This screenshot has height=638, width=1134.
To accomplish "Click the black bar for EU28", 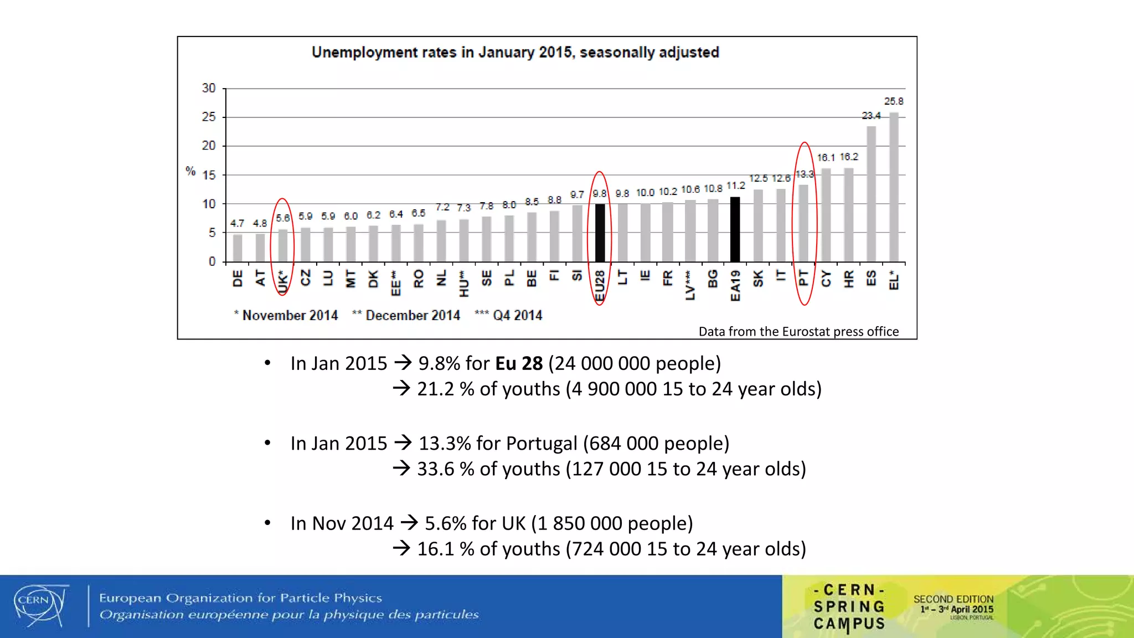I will pos(600,233).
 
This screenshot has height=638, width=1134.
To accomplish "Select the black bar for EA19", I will pos(735,229).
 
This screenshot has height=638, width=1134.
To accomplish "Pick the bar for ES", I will pos(871,194).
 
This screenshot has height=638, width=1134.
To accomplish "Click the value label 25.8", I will pos(893,101).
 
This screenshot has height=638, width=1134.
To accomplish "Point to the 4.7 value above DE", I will pos(237,223).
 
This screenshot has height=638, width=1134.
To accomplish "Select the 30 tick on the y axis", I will pos(209,88).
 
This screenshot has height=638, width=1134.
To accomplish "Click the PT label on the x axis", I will pos(804,278).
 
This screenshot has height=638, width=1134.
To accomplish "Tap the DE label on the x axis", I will pos(238,279).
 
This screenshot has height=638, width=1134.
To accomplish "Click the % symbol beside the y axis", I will pos(190,171).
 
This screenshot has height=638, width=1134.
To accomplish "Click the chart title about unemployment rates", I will pos(515,53).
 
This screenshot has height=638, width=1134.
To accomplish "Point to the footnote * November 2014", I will pos(286,315).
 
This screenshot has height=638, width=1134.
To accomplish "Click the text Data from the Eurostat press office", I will pos(798,331).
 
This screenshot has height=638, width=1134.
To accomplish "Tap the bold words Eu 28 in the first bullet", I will pos(519,363).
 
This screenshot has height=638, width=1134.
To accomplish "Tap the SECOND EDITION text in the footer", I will pos(953,599).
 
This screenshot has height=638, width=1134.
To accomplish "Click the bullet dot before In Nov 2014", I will pos(267,523).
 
